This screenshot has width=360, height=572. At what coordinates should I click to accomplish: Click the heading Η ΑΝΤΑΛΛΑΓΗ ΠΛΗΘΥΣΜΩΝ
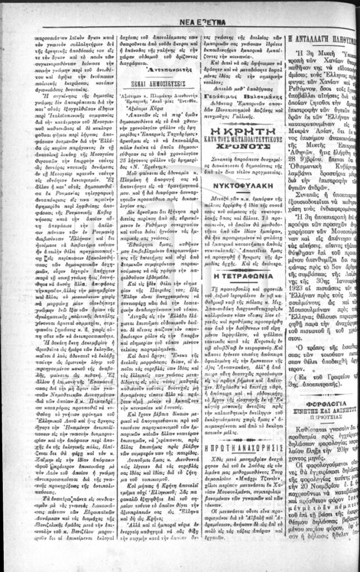click(323, 40)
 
